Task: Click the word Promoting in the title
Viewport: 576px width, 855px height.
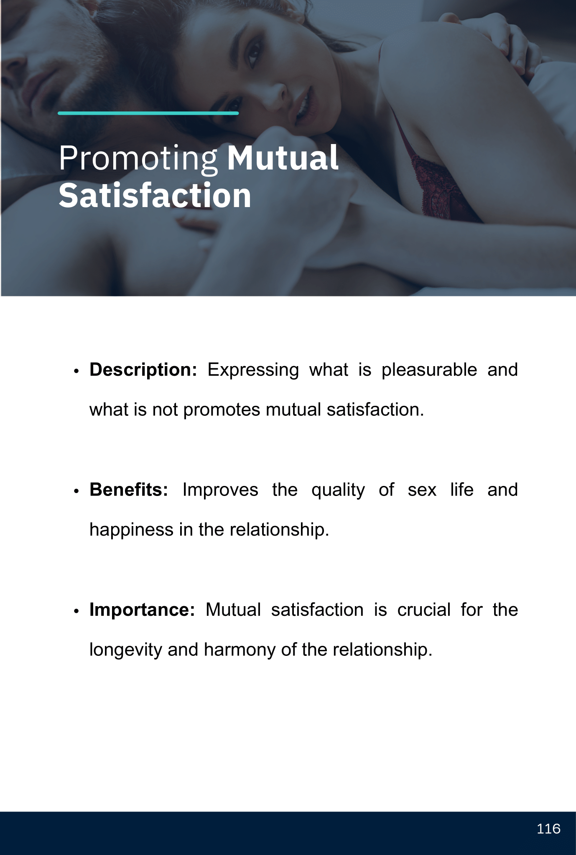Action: [138, 159]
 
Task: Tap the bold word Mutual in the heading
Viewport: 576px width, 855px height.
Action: [283, 158]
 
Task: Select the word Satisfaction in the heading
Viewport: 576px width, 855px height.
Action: [155, 195]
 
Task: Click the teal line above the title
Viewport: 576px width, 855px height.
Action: [148, 113]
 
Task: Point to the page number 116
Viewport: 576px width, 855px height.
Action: [548, 829]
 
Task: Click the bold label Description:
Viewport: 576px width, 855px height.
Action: [143, 370]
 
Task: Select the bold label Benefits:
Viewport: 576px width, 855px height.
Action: [129, 490]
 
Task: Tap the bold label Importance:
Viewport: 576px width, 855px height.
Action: [143, 610]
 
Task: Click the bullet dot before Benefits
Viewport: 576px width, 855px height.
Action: [76, 491]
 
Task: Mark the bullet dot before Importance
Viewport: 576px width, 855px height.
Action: [76, 611]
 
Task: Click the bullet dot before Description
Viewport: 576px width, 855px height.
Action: [76, 372]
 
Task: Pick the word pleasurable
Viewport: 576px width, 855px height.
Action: [429, 370]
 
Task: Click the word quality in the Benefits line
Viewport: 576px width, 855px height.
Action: [338, 491]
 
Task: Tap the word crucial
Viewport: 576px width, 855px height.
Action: [424, 610]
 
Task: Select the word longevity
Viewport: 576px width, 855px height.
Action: [126, 650]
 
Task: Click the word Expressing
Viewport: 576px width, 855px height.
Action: [253, 370]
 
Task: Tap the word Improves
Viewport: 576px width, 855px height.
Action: [220, 491]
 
